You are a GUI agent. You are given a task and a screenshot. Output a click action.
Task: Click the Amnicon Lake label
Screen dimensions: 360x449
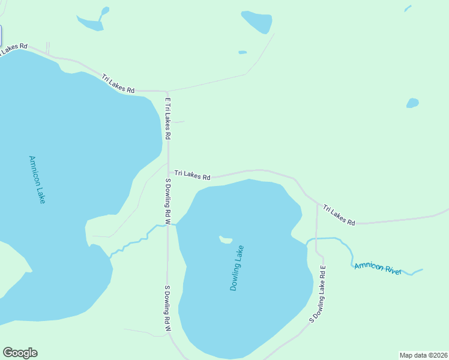(x=37, y=179)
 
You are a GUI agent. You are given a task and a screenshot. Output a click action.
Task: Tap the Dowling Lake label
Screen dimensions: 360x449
(x=237, y=268)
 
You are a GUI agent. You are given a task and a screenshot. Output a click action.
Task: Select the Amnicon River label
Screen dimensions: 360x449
(x=377, y=268)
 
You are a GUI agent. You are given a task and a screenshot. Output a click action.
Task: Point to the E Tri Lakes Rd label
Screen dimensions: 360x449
(x=168, y=118)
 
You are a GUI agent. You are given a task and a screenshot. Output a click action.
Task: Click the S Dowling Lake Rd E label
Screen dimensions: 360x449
(x=317, y=294)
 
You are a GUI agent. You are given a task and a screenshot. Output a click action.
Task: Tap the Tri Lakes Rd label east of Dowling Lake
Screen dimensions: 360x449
(x=339, y=215)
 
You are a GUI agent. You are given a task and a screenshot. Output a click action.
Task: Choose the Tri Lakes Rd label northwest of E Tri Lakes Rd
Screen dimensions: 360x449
(x=118, y=83)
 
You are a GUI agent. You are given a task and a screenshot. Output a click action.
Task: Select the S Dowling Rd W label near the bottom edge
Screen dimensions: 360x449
(x=168, y=308)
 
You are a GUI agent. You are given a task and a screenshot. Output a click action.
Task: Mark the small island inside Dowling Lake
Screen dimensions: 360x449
(x=226, y=240)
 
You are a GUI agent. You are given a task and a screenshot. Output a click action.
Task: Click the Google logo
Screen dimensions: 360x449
(x=20, y=353)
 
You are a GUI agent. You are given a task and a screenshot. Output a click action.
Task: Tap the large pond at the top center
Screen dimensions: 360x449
(x=258, y=22)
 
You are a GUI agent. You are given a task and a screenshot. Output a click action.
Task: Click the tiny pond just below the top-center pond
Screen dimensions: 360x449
(x=243, y=52)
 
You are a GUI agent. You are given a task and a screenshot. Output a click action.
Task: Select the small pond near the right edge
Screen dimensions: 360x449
(x=412, y=103)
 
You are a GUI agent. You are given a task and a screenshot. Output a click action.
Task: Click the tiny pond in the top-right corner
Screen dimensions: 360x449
(x=408, y=8)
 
